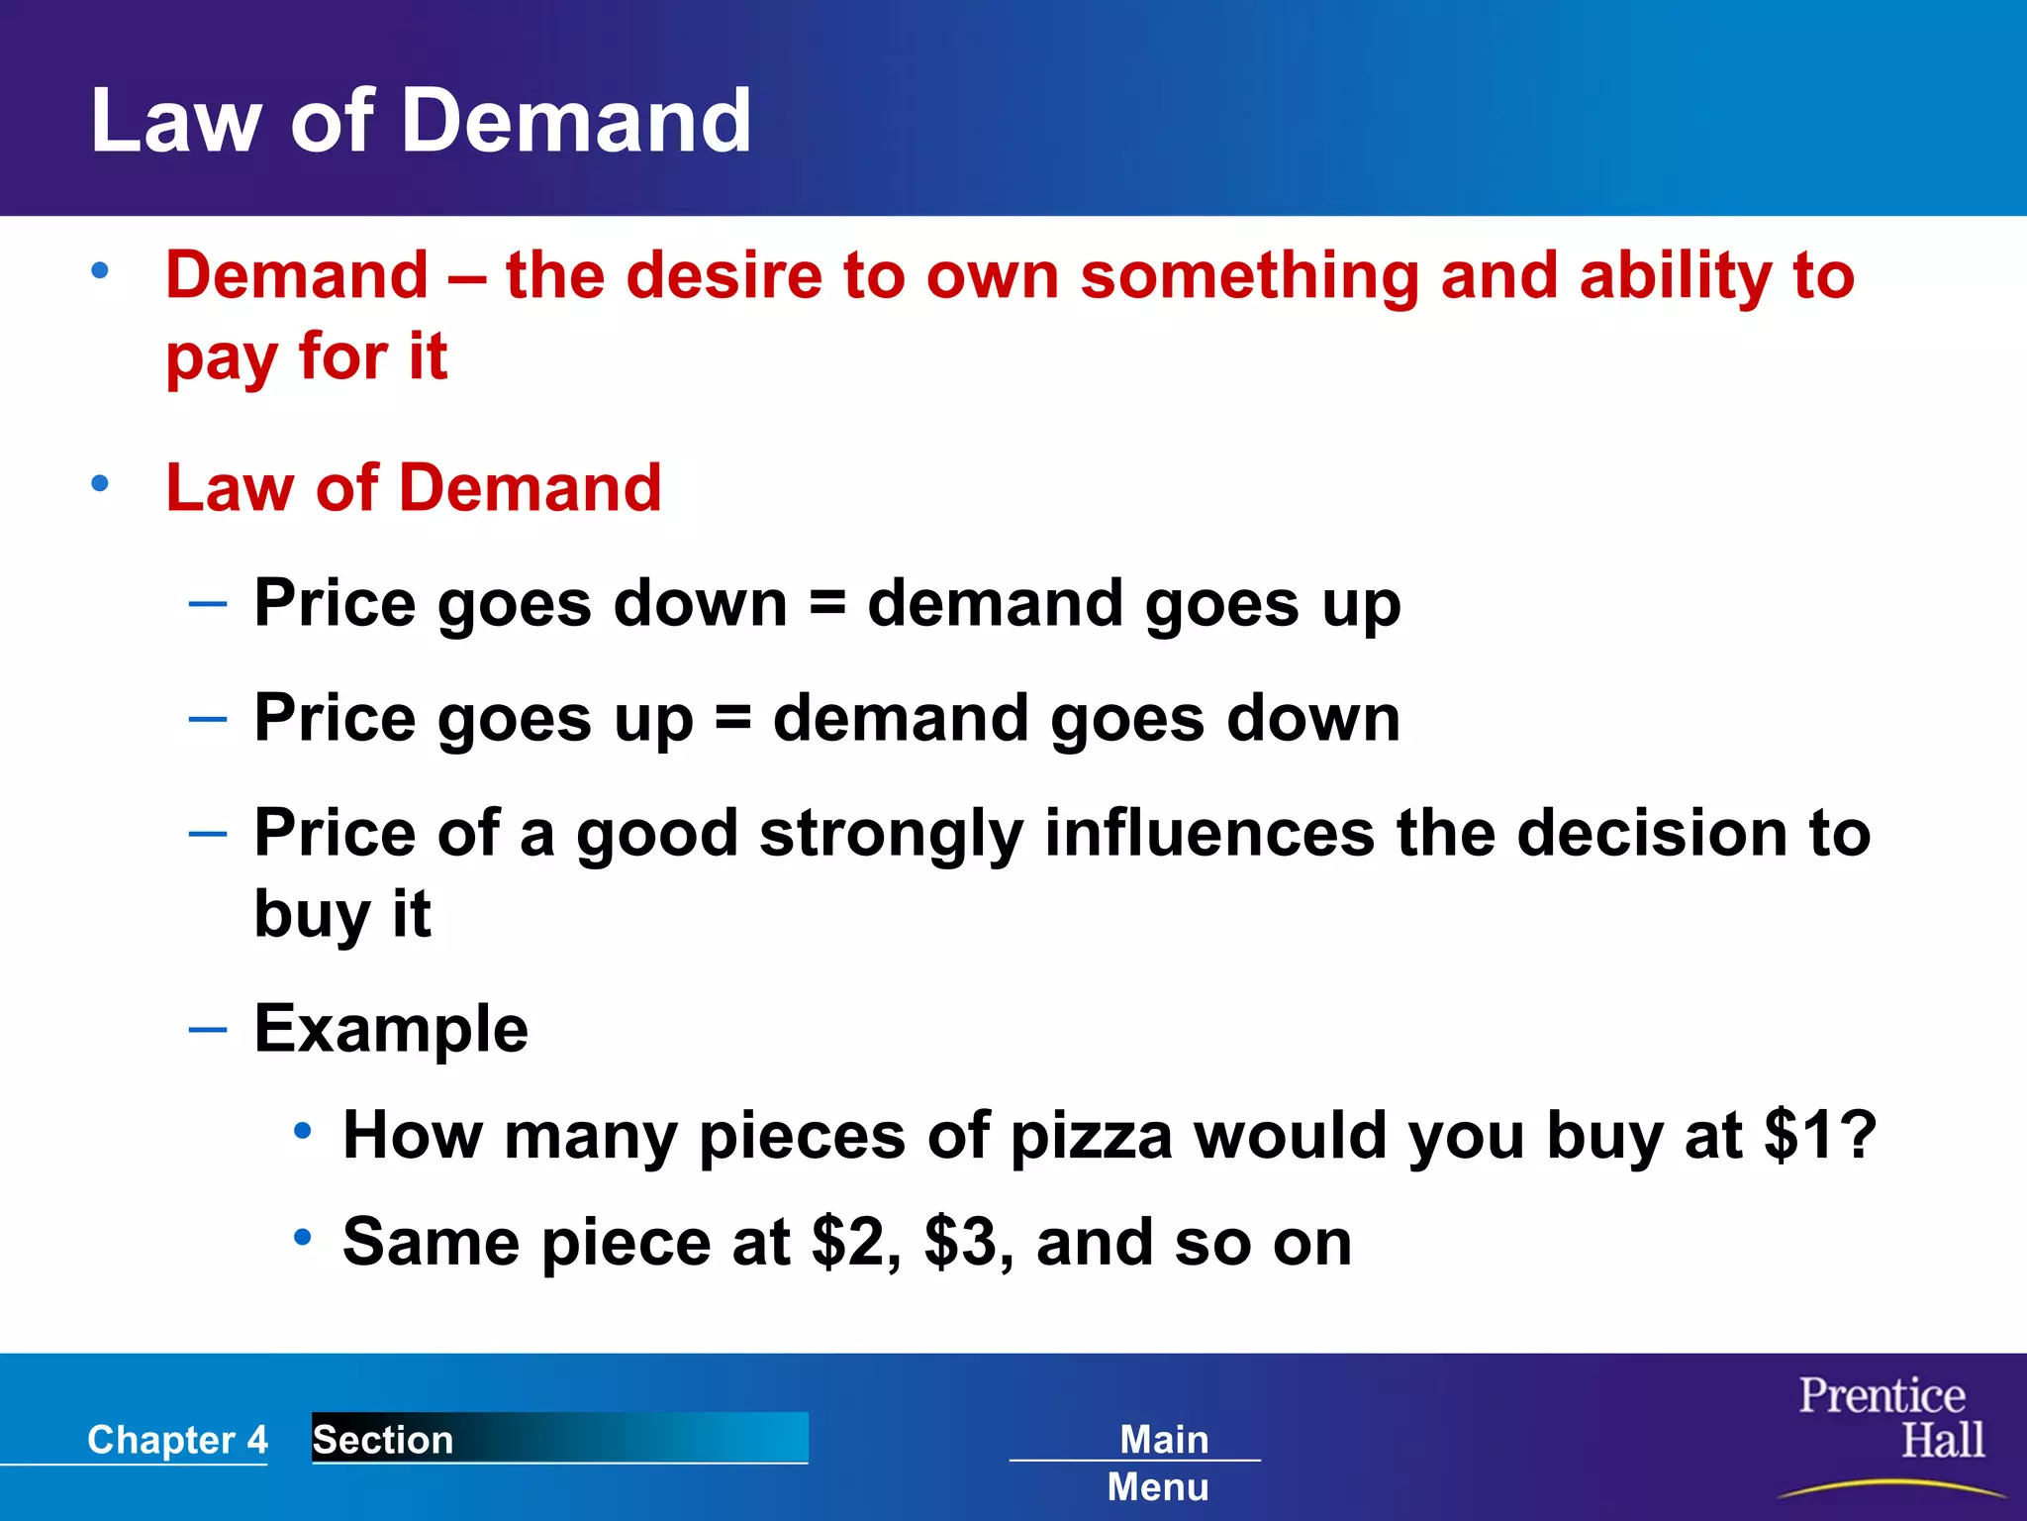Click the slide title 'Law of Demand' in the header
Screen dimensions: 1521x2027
pos(421,121)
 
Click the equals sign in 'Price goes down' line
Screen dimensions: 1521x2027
pos(827,603)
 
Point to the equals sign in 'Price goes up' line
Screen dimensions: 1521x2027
pos(732,718)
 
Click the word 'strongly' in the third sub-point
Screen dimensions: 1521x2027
pos(891,834)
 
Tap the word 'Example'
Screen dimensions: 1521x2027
pos(391,1029)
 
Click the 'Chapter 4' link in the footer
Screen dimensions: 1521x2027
pos(177,1439)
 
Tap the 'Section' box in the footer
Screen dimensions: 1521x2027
pos(559,1438)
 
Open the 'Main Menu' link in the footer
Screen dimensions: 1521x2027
pos(1160,1462)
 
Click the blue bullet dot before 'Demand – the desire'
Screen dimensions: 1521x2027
pos(100,270)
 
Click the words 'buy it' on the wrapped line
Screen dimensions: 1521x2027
pos(341,914)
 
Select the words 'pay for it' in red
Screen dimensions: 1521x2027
pos(306,356)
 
